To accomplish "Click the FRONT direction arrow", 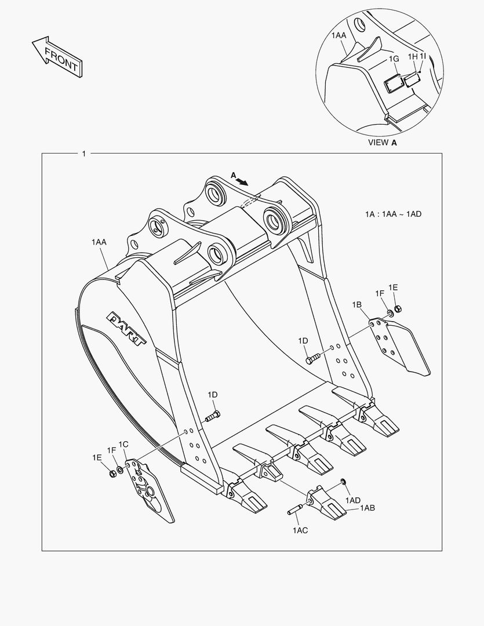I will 56,56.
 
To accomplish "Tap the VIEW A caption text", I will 383,142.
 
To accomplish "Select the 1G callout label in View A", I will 394,59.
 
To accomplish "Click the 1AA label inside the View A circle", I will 339,36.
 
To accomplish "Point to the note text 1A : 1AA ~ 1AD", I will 393,214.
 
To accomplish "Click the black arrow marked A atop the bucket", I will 242,181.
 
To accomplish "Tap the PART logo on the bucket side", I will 126,328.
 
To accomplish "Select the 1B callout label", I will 356,304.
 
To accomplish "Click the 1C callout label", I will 123,445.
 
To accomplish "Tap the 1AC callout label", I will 300,530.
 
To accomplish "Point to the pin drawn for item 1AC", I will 295,510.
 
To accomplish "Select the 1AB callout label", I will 367,508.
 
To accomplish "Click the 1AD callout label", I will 353,500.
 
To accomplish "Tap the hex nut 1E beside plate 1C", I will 111,474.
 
